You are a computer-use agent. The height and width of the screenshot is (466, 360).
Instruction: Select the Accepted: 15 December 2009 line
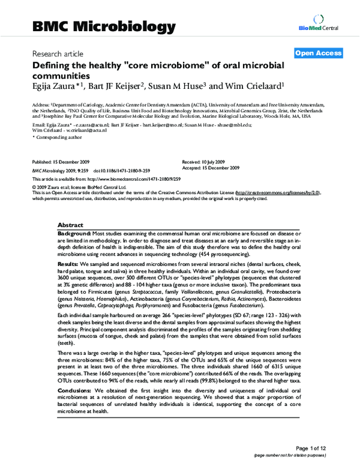(x=211, y=168)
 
